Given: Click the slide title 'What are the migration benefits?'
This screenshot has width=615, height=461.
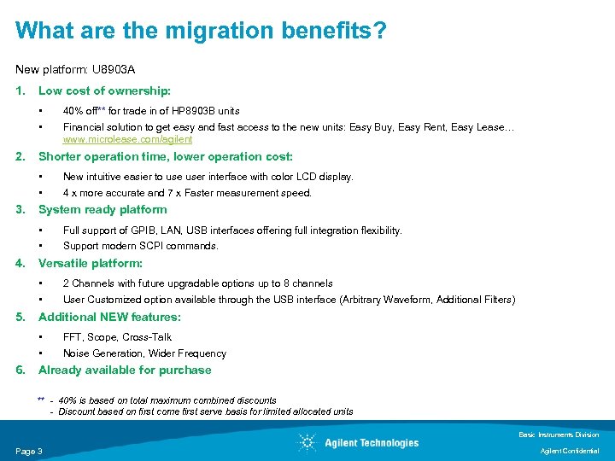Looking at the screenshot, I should (201, 32).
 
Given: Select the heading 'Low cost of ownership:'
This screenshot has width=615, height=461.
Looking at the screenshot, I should (104, 90).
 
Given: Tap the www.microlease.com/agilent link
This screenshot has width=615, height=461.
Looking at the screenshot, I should (127, 139).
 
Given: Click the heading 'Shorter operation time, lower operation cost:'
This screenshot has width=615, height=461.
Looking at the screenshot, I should (165, 157).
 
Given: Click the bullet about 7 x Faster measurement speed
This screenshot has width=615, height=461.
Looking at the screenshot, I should (187, 193).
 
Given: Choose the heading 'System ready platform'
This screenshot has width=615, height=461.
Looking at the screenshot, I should (102, 210).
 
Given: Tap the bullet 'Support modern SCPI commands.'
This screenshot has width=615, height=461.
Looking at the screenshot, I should (140, 246).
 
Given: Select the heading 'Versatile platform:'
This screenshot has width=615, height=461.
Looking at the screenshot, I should (91, 264).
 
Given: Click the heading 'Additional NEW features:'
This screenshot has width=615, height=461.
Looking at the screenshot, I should (109, 317).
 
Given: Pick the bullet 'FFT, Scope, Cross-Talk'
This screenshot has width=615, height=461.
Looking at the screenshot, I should (117, 337).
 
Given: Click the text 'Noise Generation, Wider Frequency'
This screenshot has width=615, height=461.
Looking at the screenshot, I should (144, 353).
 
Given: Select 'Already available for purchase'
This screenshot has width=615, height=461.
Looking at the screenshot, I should (125, 371).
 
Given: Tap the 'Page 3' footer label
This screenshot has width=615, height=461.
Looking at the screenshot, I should (29, 451).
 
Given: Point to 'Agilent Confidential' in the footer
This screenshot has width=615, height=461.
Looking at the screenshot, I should (571, 451).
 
